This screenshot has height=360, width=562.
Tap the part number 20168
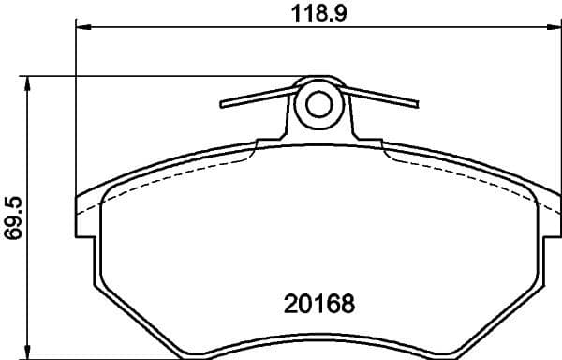pyautogui.click(x=320, y=306)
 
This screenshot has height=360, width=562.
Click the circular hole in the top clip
pyautogui.click(x=320, y=105)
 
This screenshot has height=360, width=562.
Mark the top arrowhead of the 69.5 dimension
pyautogui.click(x=33, y=82)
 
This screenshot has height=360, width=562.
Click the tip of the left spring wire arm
pyautogui.click(x=223, y=104)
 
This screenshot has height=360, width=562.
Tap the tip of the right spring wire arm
pyautogui.click(x=418, y=103)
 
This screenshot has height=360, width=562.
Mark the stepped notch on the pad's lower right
pyautogui.click(x=537, y=286)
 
